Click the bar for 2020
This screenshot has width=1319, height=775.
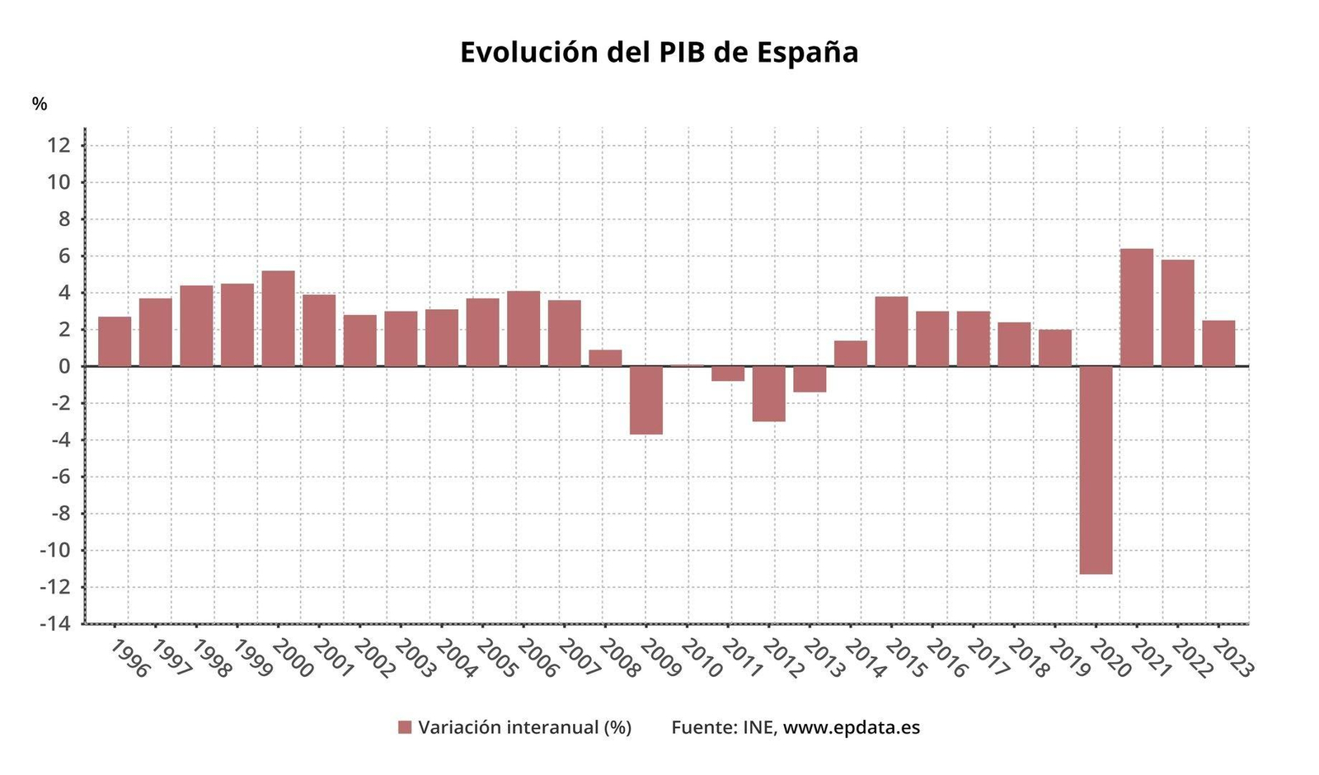pos(1096,470)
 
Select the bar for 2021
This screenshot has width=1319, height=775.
pos(1137,308)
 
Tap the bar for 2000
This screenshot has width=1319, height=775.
pos(278,318)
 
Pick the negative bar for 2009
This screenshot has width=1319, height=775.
pos(646,400)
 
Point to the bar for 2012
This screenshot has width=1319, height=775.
pos(768,393)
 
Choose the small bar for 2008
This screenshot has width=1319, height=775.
pos(605,358)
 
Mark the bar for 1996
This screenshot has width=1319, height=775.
pos(115,341)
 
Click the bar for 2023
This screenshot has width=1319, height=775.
pos(1218,343)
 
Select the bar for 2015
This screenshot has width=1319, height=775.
pos(891,331)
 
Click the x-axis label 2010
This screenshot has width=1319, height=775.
pos(702,658)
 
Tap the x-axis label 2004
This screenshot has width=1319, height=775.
pos(457,658)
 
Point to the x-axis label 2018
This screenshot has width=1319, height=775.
pos(1030,658)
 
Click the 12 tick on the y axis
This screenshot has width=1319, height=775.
pos(61,146)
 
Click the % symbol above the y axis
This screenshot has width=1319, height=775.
pos(40,104)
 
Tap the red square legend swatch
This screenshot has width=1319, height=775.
pos(404,727)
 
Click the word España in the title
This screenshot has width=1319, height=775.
pos(807,52)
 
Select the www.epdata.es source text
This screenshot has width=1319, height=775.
pos(851,727)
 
